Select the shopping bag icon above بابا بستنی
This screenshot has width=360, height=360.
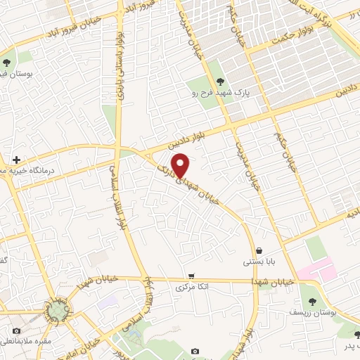coord(259,250)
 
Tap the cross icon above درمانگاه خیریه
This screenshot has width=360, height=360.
coord(16,160)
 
